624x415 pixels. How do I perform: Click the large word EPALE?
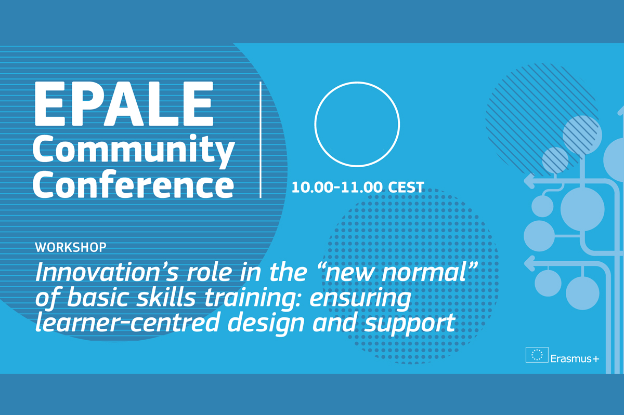(x=124, y=103)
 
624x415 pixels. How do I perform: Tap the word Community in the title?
(x=134, y=151)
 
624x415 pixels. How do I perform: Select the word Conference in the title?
(x=134, y=184)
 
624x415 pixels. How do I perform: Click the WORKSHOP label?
(x=71, y=247)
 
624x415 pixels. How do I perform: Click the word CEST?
(x=406, y=187)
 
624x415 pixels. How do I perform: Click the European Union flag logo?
(x=537, y=355)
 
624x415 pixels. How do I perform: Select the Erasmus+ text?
(x=575, y=358)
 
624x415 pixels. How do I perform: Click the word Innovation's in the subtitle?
(x=107, y=272)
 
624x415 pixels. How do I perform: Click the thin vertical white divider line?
(x=261, y=140)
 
